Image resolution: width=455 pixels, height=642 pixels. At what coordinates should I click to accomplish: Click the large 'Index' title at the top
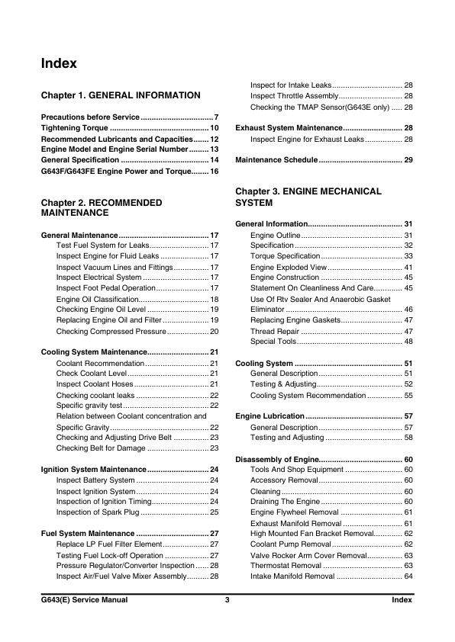point(59,64)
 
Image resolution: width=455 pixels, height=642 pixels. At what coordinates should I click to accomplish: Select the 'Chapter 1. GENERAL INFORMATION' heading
point(121,95)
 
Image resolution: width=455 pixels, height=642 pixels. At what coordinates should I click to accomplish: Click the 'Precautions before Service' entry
point(90,117)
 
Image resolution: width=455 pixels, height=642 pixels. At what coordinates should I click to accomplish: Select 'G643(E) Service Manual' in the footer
point(84,601)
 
